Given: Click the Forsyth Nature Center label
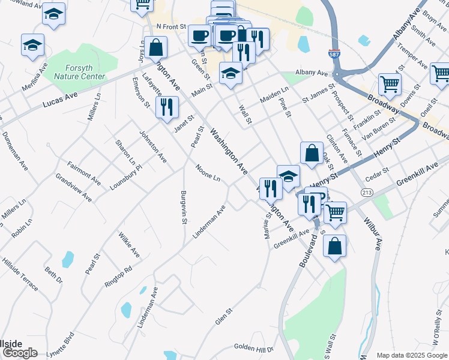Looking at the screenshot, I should [x=80, y=72].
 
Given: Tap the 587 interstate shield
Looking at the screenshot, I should [x=335, y=55].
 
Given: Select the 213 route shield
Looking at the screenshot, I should [x=366, y=192].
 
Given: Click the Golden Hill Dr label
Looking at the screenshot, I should [x=253, y=347].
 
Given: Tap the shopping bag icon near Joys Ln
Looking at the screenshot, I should [x=155, y=46].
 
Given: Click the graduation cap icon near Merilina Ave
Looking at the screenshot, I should [x=32, y=44].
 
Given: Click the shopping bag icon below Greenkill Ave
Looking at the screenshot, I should [x=334, y=245].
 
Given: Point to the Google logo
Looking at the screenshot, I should [x=19, y=353].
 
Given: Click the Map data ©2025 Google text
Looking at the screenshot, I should [x=412, y=355].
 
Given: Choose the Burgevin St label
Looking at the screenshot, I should [x=182, y=208].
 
